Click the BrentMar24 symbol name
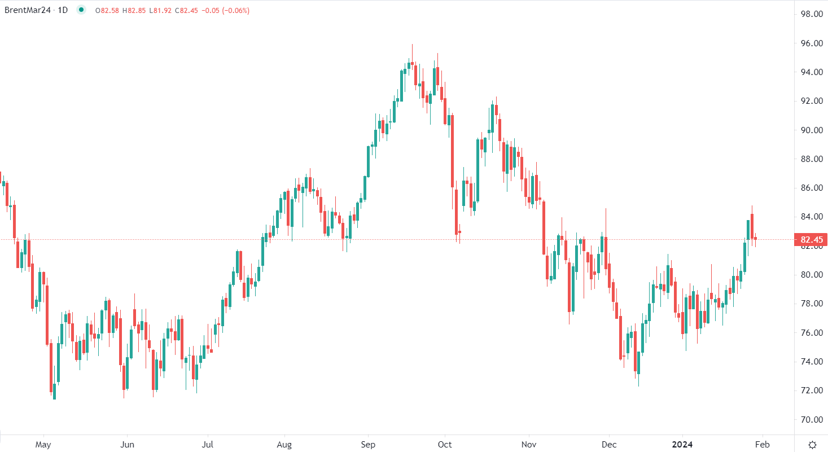27,10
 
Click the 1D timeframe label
63,10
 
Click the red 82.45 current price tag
810,240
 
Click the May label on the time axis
43,444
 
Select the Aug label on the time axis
284,444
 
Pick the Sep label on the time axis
368,444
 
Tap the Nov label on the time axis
529,444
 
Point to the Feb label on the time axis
763,444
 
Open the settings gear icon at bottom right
812,444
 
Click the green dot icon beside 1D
81,10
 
